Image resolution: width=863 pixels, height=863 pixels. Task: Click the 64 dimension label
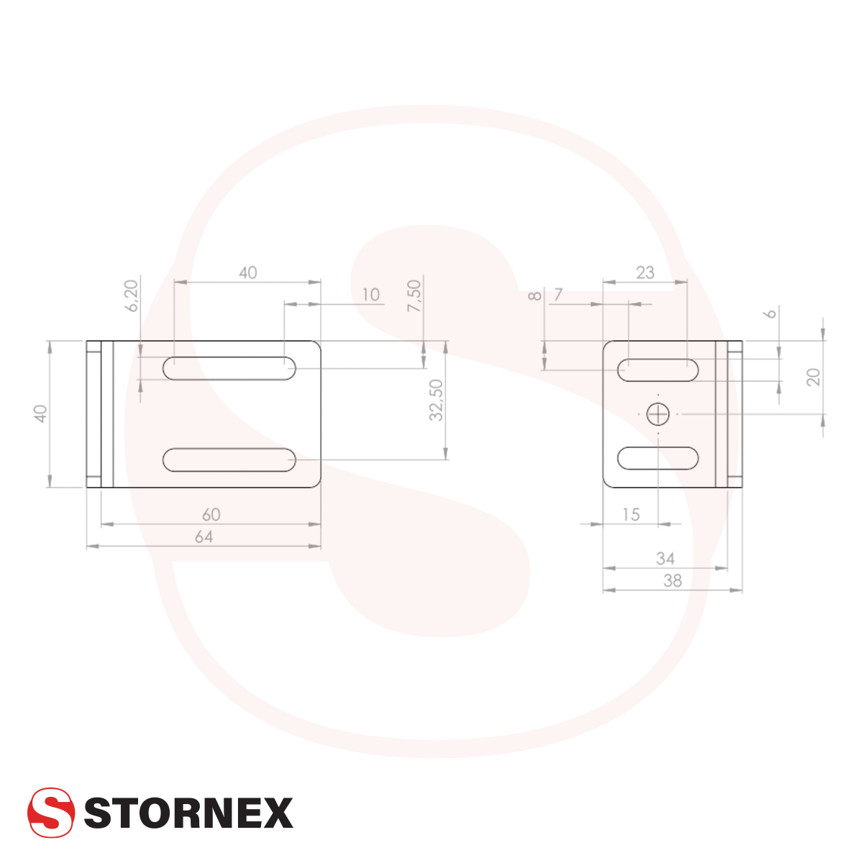point(204,537)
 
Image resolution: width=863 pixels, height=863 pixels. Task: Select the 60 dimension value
point(211,515)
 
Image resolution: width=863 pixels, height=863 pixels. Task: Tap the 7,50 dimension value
point(414,296)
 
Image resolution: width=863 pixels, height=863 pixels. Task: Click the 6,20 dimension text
point(131,296)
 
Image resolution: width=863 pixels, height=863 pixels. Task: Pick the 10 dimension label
point(371,295)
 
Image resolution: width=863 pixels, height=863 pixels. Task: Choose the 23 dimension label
point(645,273)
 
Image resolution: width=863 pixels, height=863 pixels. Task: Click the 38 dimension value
point(672,581)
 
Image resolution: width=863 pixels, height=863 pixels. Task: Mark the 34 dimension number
point(665,559)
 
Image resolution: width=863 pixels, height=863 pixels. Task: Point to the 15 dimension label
point(630,515)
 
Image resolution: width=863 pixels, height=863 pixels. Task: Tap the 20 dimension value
point(813,377)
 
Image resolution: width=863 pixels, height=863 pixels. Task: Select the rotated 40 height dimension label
point(41,414)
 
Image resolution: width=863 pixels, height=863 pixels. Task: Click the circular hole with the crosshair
point(657,414)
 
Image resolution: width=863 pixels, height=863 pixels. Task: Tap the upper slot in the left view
point(230,368)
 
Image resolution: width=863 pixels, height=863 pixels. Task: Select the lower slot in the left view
point(230,460)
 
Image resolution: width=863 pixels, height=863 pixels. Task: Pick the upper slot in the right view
point(658,369)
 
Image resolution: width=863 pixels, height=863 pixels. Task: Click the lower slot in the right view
point(658,458)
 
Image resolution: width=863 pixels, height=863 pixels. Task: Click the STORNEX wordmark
point(188,813)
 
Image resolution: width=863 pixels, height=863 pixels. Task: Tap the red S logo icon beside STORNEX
point(51,813)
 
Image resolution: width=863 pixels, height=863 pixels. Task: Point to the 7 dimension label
point(558,295)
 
